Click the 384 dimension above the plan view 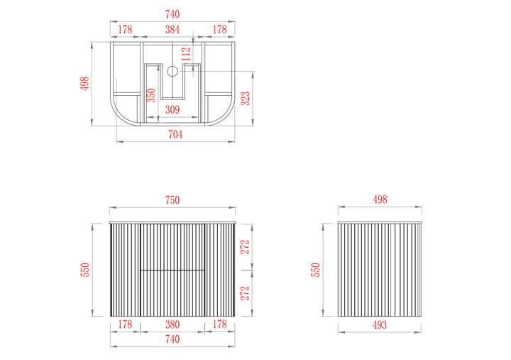[x=172, y=29]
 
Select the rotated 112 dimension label [x=185, y=54]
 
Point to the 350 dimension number [x=151, y=95]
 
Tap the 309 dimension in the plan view [x=172, y=109]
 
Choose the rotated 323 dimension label [x=245, y=99]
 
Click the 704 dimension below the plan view [x=175, y=134]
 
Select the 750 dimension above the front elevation [x=172, y=200]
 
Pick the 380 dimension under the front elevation [x=172, y=324]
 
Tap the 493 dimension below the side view [x=380, y=324]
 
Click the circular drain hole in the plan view [x=172, y=71]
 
